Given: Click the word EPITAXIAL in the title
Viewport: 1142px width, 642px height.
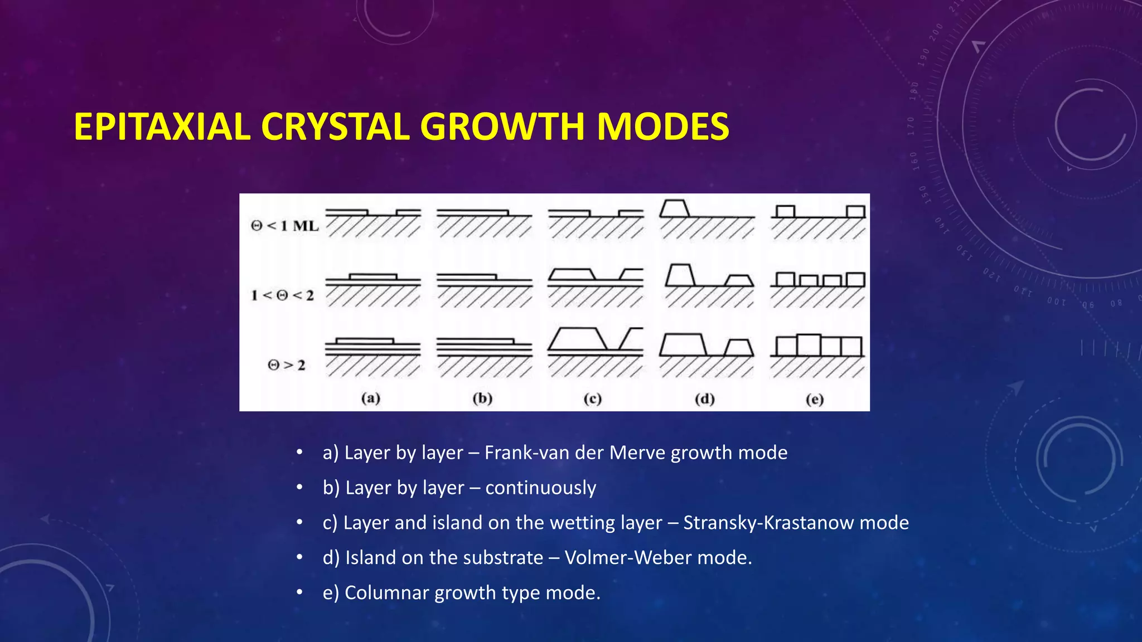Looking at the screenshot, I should click(x=162, y=127).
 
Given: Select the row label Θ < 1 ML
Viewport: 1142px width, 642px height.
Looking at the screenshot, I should click(x=284, y=226).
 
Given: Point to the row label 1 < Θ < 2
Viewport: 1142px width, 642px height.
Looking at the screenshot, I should click(x=282, y=295).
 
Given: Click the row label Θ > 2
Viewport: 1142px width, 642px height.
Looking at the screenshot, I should click(x=287, y=365).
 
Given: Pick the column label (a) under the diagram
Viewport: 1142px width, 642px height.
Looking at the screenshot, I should click(x=371, y=398).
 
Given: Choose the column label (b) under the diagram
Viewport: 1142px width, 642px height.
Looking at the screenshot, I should click(x=482, y=398).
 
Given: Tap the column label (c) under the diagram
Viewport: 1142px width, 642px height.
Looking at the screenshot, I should click(x=592, y=398).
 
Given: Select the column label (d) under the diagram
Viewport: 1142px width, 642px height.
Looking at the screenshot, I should click(x=705, y=399).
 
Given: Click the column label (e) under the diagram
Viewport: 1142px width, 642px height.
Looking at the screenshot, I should click(x=815, y=399).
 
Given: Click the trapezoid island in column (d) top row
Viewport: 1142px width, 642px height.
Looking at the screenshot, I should click(x=675, y=208).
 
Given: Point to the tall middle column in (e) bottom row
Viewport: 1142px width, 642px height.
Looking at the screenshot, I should click(x=809, y=346).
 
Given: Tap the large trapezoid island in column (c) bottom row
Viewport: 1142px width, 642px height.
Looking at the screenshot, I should click(x=578, y=339).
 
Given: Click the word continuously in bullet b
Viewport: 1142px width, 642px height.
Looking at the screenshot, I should click(x=540, y=488).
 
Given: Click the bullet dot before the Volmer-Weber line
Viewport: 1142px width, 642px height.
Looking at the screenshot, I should click(x=299, y=557).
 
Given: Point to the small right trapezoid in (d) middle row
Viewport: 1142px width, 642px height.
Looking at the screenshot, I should click(x=739, y=280).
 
